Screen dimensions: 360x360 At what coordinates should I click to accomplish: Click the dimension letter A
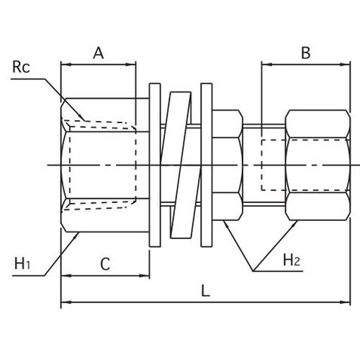[99, 53]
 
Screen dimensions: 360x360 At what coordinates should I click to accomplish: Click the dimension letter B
[306, 53]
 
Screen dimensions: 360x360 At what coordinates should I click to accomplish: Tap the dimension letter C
[105, 264]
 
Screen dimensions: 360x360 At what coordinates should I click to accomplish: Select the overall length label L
[205, 290]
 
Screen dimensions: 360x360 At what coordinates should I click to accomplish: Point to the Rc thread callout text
[21, 67]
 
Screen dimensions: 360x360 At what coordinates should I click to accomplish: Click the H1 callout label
[22, 264]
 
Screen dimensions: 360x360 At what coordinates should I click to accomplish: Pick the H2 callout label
[292, 260]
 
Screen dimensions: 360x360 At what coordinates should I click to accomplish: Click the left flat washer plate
[155, 165]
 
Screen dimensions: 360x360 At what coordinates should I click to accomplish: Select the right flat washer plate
[207, 165]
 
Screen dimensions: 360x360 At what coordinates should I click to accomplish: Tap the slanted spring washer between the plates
[181, 165]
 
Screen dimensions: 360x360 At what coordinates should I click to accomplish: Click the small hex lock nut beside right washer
[228, 165]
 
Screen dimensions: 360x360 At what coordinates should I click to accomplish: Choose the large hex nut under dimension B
[318, 165]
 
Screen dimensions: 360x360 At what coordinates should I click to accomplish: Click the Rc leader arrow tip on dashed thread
[84, 120]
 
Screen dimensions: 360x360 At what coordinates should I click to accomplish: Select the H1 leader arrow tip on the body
[78, 233]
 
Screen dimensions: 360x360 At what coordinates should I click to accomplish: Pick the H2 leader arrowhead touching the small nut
[224, 221]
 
